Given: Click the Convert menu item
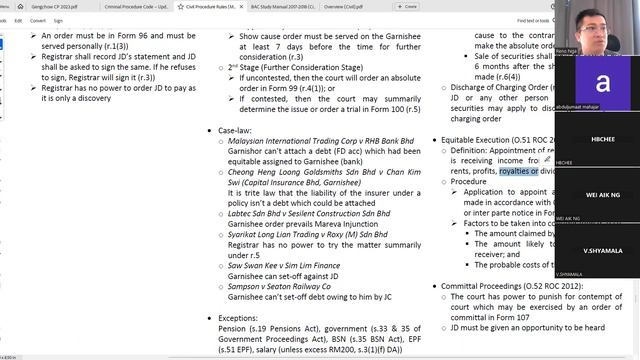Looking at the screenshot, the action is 38,19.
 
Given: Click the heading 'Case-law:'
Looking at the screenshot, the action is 239,130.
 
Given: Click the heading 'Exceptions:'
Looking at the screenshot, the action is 243,318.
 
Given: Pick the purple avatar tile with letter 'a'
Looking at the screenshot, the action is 600,83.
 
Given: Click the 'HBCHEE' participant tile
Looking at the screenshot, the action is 599,141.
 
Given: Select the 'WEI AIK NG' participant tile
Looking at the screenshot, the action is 599,196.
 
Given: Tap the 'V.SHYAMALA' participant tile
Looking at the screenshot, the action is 599,251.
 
